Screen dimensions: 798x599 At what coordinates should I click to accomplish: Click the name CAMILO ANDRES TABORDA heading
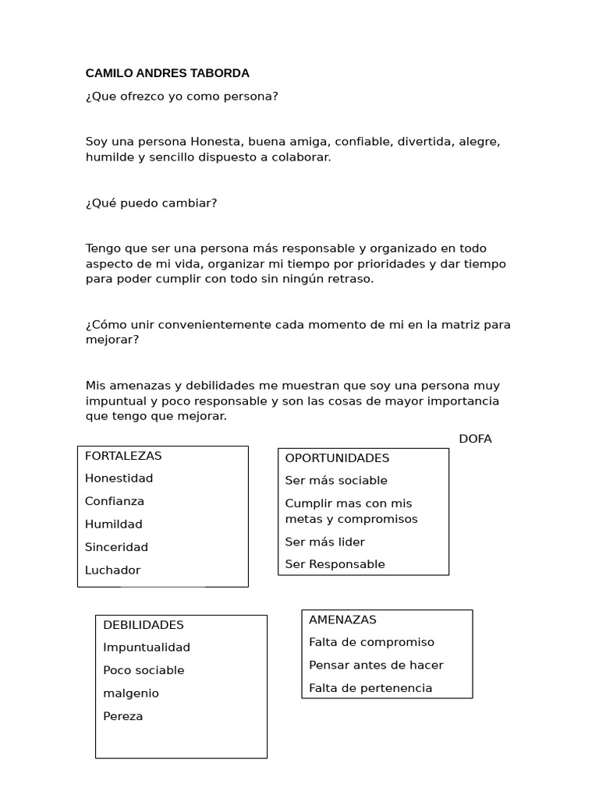[167, 73]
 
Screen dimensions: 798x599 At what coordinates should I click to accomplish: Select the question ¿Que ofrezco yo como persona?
[182, 97]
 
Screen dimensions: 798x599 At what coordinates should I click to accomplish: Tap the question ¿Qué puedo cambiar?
[151, 203]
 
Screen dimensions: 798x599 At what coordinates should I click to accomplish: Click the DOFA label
[475, 439]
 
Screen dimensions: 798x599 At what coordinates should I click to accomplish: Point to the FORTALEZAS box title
[123, 456]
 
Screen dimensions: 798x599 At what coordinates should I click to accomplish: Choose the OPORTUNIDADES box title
[337, 458]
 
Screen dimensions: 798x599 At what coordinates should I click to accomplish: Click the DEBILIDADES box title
[144, 625]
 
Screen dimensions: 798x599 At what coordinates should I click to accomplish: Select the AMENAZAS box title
[342, 620]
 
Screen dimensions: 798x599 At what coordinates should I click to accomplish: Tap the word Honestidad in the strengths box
[119, 478]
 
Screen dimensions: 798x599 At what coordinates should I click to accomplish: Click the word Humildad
[114, 524]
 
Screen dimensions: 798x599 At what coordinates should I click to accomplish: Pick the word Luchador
[112, 570]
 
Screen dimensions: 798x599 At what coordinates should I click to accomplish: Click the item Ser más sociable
[336, 481]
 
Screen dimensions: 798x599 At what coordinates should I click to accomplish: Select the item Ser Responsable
[335, 564]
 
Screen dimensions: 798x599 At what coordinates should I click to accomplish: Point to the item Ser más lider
[324, 542]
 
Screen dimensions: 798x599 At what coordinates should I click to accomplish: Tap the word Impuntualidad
[147, 648]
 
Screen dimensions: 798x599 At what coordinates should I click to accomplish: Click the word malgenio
[130, 694]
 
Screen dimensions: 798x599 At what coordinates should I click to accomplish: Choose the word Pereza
[122, 716]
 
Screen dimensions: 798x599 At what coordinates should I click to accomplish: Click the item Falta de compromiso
[371, 642]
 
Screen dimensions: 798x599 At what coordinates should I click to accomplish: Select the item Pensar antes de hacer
[376, 666]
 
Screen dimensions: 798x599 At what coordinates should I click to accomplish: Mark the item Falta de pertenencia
[370, 688]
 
